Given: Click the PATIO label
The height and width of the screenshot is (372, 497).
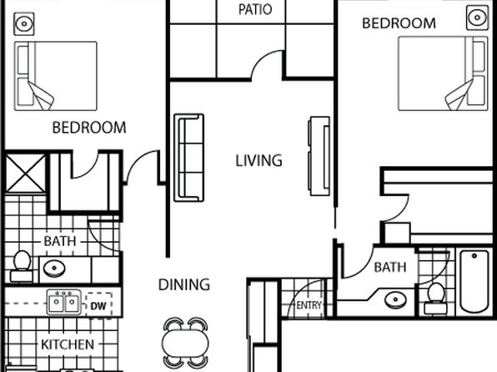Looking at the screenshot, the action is [x=255, y=9].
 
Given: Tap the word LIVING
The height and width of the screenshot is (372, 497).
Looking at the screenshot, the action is [x=259, y=160].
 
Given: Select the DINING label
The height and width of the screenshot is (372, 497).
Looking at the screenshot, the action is [x=183, y=284].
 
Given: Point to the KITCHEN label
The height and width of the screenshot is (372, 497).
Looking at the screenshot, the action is [x=68, y=344].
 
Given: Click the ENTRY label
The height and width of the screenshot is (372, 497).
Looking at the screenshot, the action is [x=309, y=305].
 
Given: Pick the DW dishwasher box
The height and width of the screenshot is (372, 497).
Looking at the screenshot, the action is [x=98, y=305].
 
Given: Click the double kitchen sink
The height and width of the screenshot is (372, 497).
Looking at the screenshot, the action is [x=63, y=303].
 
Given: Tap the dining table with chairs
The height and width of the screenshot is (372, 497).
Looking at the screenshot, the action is [x=185, y=343].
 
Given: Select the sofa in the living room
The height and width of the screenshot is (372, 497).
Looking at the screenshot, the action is [x=189, y=158].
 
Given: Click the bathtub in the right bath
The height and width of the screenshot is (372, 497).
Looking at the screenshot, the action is [x=474, y=281].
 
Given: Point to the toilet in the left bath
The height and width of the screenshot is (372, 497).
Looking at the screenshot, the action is [x=22, y=266].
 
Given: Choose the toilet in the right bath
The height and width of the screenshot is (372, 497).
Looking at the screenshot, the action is [x=436, y=298].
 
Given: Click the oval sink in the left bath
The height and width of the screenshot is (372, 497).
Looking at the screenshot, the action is [x=54, y=269].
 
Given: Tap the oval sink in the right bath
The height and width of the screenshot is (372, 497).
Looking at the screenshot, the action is [x=395, y=299].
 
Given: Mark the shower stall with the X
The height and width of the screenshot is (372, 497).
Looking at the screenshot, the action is [x=25, y=173].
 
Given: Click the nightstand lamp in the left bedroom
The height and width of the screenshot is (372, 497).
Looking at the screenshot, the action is [x=24, y=24].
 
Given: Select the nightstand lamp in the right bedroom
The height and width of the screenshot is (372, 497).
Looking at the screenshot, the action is [x=477, y=18].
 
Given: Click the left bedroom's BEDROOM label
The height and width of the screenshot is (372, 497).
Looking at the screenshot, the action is [x=89, y=128].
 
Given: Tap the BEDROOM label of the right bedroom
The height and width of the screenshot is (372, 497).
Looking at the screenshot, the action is [x=399, y=23].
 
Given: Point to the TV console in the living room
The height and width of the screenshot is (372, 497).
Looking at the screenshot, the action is [x=319, y=156].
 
